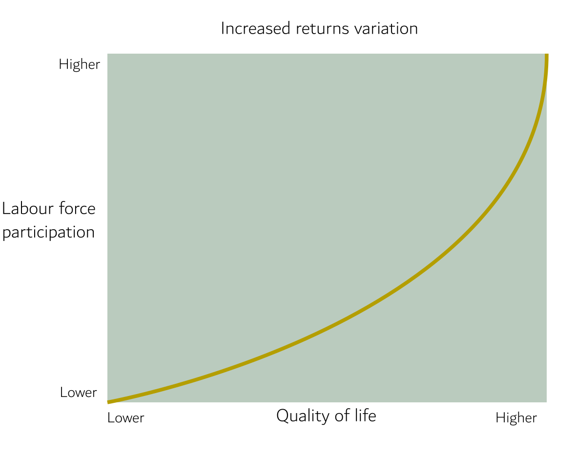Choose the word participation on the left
point(48,232)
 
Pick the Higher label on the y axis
point(79,64)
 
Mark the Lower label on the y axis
point(79,392)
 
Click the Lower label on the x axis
point(126,418)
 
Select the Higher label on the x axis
point(516,418)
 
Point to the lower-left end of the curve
point(108,402)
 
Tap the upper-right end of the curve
point(546,55)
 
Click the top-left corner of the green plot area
point(108,54)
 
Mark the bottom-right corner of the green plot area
point(546,402)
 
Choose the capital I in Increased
point(223,28)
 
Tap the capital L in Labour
point(6,209)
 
